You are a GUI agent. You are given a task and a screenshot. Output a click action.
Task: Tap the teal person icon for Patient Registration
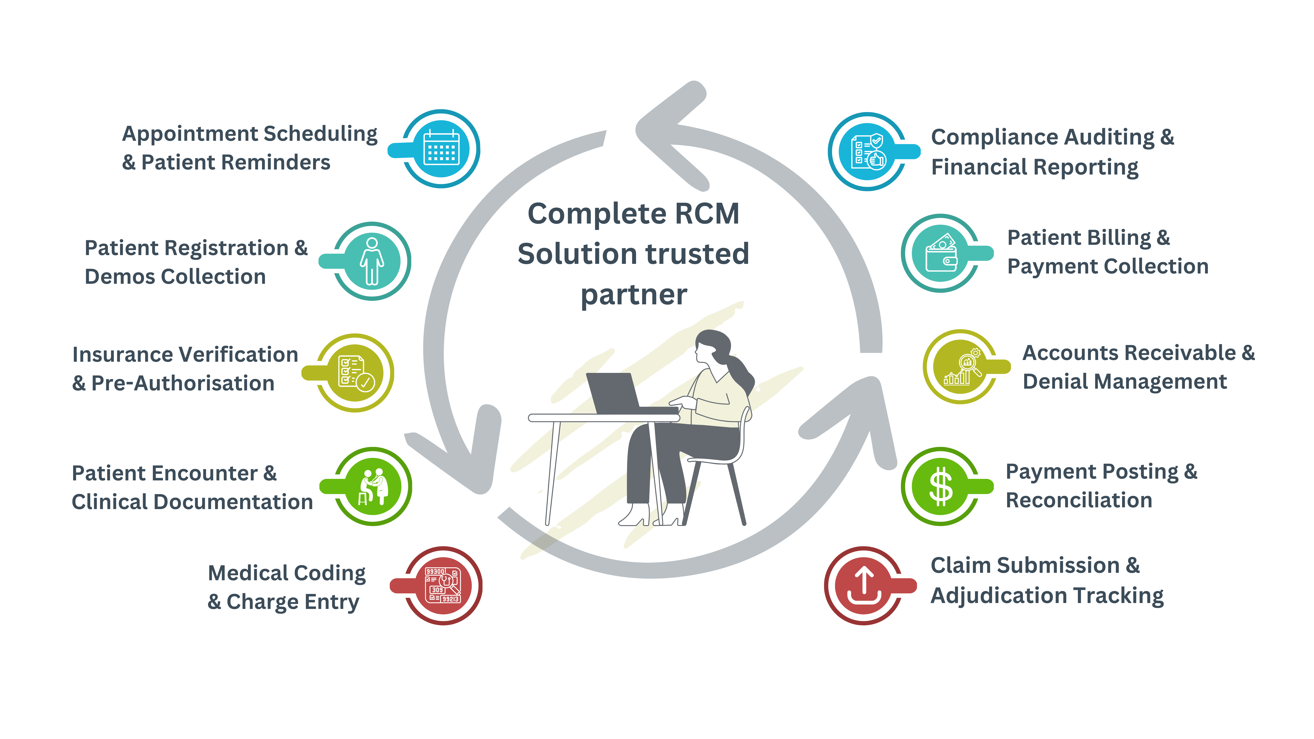(372, 261)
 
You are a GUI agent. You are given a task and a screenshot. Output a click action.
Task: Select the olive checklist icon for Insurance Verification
(355, 373)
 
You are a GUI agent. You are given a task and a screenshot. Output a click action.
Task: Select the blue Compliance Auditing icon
(868, 152)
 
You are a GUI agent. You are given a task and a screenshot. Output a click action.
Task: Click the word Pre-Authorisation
(183, 383)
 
